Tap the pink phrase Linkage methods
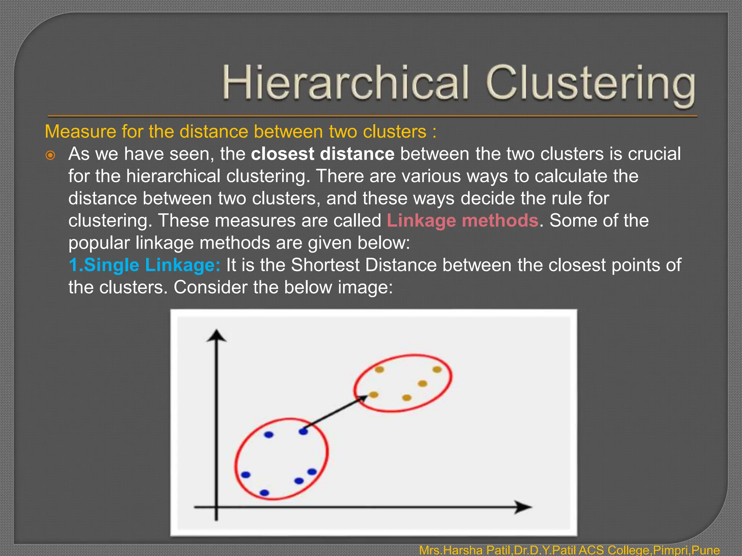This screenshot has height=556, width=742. click(x=462, y=220)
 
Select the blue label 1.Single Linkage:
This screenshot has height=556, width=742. click(x=144, y=265)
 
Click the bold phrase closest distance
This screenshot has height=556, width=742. click(x=322, y=154)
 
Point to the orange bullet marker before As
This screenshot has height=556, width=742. click(x=50, y=156)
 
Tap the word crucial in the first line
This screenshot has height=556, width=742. click(x=654, y=154)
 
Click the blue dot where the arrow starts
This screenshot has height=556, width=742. click(x=303, y=431)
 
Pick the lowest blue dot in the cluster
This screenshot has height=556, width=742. click(x=264, y=493)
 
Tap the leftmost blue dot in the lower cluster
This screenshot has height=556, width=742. click(x=246, y=475)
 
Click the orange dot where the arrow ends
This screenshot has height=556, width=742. click(x=374, y=395)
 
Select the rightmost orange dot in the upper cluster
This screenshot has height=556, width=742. click(x=437, y=370)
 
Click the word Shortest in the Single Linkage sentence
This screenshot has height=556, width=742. click(x=326, y=265)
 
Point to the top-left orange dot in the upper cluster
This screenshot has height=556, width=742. click(x=379, y=370)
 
